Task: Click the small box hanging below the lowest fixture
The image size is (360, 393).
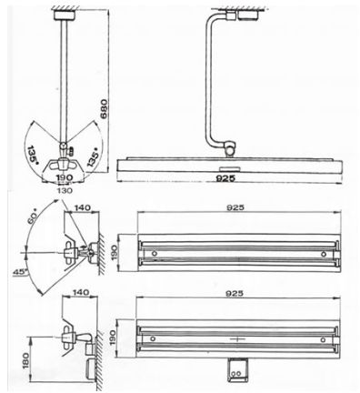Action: pos(236,369)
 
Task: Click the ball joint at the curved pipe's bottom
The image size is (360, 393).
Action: pos(231,146)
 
